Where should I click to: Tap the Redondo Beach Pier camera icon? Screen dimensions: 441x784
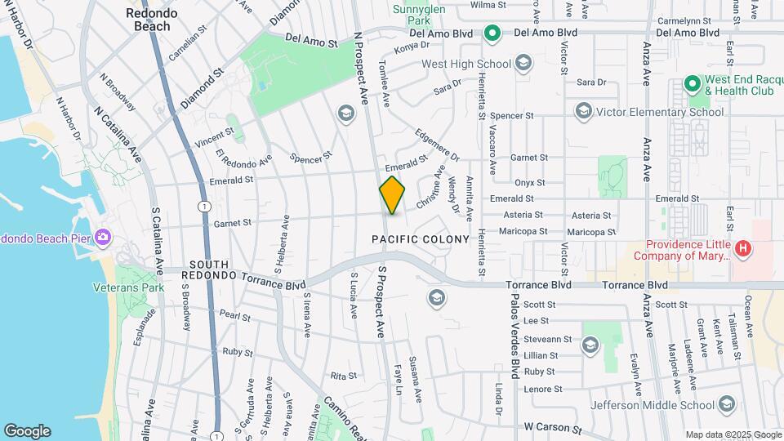103,237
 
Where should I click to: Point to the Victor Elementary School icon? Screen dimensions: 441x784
582,110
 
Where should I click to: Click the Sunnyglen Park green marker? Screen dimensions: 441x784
491,33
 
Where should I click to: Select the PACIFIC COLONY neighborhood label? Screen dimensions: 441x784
421,239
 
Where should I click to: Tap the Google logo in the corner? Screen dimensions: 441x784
27,431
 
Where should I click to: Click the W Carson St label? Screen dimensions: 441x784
553,426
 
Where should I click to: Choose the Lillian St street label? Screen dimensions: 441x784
541,356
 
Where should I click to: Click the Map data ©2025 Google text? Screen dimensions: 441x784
732,434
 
